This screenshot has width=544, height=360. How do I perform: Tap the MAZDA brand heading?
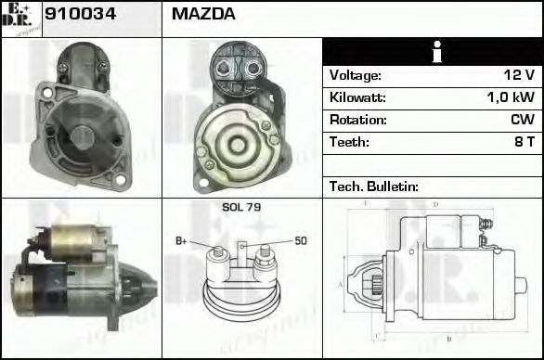(x=203, y=14)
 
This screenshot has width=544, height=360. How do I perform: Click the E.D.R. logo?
(x=21, y=19)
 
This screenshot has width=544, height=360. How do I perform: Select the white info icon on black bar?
(x=432, y=52)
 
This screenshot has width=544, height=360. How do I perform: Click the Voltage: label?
(x=355, y=75)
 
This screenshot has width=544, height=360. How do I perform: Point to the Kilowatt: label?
(x=357, y=97)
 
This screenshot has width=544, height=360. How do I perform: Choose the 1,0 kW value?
(x=512, y=97)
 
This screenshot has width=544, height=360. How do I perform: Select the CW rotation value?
(x=523, y=120)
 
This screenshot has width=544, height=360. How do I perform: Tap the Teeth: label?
(x=349, y=142)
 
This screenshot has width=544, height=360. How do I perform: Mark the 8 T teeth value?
(x=524, y=142)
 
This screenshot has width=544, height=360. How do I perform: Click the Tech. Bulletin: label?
(x=374, y=186)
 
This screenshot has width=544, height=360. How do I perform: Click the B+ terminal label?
(x=182, y=242)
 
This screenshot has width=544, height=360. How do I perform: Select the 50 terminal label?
(x=301, y=241)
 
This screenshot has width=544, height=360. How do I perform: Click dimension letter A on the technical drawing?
(x=340, y=284)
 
